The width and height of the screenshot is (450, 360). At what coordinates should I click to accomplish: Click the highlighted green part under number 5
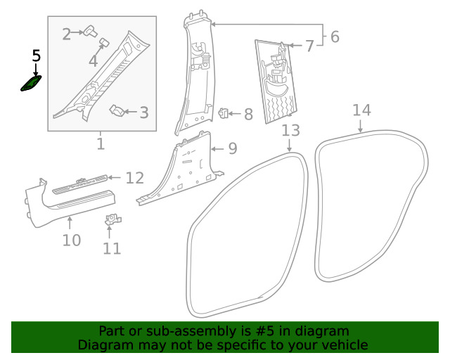click(31, 84)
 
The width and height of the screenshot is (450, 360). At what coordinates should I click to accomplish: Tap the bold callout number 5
click(36, 56)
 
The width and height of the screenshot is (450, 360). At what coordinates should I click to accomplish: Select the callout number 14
click(361, 110)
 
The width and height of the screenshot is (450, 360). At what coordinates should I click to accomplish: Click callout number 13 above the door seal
click(290, 131)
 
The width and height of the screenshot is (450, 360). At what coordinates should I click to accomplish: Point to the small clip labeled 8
click(223, 112)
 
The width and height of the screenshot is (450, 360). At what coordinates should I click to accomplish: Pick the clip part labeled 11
click(112, 220)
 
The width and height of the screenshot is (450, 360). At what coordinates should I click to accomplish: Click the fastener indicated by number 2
click(90, 31)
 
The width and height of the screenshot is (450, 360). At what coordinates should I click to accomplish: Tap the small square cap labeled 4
click(104, 42)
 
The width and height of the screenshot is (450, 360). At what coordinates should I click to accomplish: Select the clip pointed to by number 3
click(117, 111)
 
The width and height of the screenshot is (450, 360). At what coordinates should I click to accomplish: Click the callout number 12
click(134, 179)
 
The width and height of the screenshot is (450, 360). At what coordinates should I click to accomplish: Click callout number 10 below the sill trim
click(72, 240)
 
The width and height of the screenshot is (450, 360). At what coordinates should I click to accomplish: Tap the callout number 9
click(233, 148)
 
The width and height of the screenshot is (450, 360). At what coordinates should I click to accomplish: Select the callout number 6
click(335, 37)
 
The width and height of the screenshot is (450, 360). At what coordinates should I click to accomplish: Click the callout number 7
click(309, 46)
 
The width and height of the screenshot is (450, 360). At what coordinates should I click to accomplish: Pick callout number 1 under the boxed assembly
click(101, 144)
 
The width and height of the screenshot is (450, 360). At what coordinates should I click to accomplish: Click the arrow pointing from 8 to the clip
click(234, 114)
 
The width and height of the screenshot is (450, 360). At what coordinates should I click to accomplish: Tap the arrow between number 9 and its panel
click(218, 149)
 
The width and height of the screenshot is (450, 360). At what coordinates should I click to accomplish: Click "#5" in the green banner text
click(264, 331)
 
